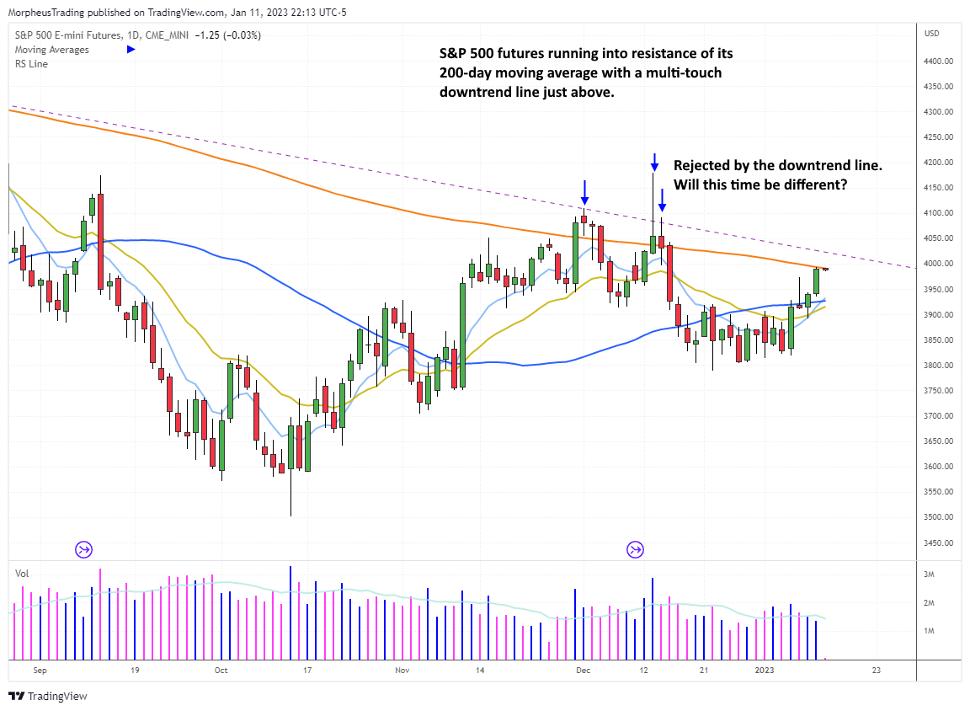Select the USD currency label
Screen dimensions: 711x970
tap(931, 34)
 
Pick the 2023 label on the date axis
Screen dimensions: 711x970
tap(764, 671)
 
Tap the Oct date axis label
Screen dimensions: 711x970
tap(221, 671)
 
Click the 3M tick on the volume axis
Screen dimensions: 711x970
tap(930, 575)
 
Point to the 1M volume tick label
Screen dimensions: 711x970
tap(930, 631)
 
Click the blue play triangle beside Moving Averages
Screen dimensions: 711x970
tap(131, 49)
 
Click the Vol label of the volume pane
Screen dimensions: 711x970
tap(22, 573)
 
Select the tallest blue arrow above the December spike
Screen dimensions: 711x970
tap(654, 161)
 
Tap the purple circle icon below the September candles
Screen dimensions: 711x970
tap(84, 550)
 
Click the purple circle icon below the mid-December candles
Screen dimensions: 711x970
tap(635, 550)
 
